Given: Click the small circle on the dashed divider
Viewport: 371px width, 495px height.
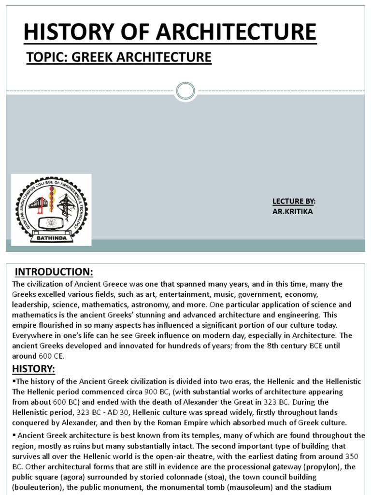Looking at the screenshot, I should click(x=185, y=90).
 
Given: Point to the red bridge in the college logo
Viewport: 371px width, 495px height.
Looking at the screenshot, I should click(x=37, y=204).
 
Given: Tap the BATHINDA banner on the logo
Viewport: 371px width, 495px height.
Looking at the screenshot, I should click(x=50, y=237).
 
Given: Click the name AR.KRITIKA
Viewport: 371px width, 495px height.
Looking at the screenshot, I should click(x=293, y=211).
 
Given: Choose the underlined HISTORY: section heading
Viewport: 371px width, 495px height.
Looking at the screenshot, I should click(x=33, y=369).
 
